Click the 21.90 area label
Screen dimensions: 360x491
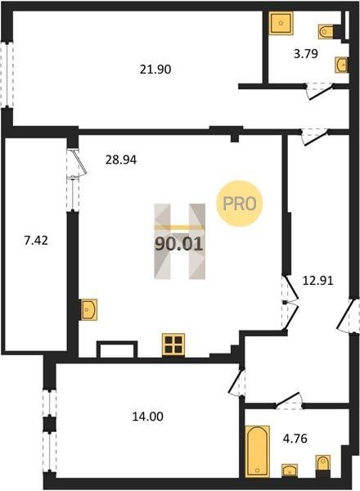(x=155, y=70)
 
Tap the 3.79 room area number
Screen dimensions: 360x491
(x=306, y=53)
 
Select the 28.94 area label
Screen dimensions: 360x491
(x=121, y=160)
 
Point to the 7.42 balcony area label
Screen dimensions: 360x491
(x=36, y=241)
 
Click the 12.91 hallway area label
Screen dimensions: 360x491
(x=317, y=280)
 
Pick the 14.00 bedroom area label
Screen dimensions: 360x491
(x=147, y=417)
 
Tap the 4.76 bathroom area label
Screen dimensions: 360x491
(x=295, y=439)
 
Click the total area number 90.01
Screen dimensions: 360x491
(x=179, y=244)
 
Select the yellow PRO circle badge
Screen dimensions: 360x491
(x=240, y=204)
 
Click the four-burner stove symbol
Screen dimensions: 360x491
(x=173, y=345)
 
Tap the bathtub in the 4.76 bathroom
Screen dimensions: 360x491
(x=258, y=451)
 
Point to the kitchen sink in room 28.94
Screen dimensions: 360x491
(x=89, y=309)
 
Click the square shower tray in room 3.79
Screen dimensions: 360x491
(x=281, y=23)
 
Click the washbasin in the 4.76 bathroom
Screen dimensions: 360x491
(x=290, y=471)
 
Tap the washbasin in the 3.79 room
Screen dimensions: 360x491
(x=341, y=65)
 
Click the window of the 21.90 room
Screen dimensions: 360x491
(x=7, y=74)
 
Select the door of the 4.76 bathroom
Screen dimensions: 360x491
(x=290, y=401)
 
